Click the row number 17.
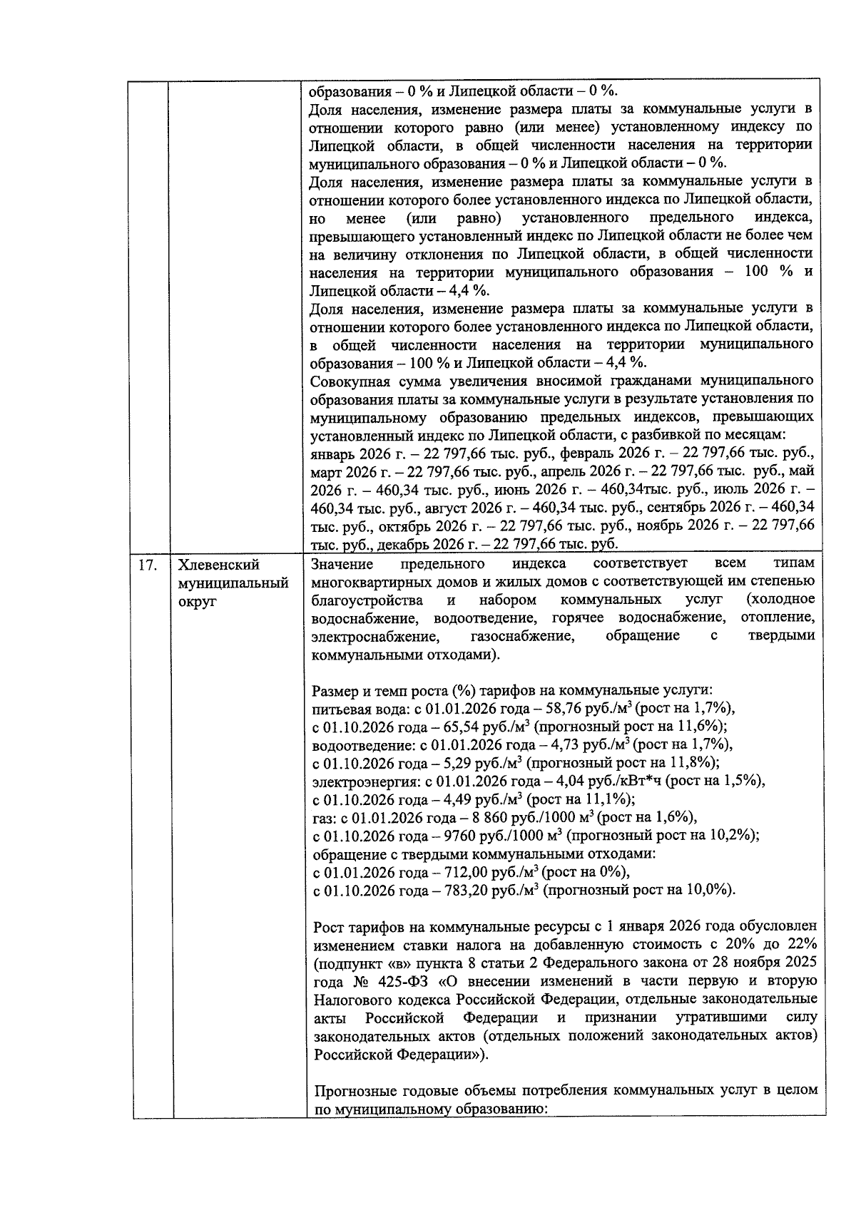pos(148,565)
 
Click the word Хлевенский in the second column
pos(218,565)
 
